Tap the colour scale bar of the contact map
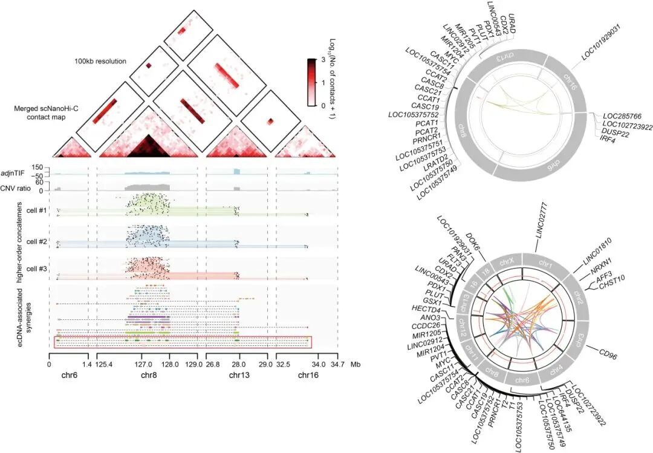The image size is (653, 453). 311,81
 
